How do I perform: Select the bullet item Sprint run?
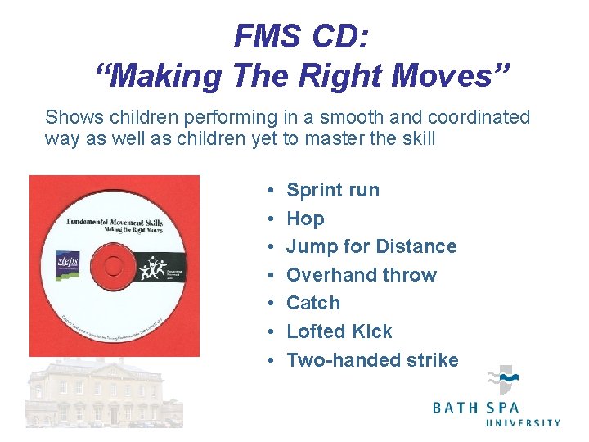(x=333, y=190)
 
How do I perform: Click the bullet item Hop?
(x=305, y=219)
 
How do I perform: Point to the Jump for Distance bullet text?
(x=371, y=246)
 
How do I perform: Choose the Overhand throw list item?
(x=362, y=275)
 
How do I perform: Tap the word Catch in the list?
(x=313, y=303)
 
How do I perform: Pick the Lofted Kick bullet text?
(x=339, y=331)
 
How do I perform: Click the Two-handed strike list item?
(x=372, y=360)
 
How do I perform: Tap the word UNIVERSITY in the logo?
(x=524, y=423)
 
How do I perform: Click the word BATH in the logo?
(x=455, y=406)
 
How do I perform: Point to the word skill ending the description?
(x=416, y=138)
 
